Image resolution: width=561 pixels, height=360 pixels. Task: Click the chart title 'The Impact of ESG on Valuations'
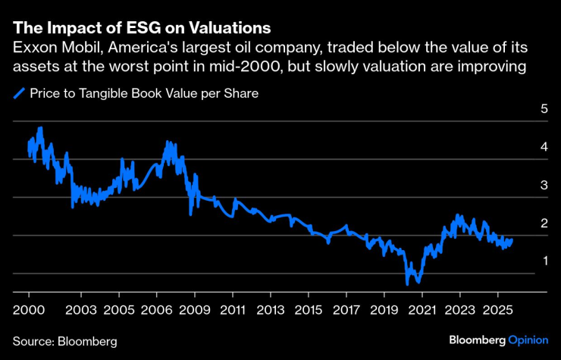pyautogui.click(x=142, y=29)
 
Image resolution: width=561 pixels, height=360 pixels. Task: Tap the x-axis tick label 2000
pyautogui.click(x=28, y=311)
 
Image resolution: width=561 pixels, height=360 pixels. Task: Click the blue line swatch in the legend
pyautogui.click(x=19, y=95)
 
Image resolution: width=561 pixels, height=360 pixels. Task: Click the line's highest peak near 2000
pyautogui.click(x=40, y=128)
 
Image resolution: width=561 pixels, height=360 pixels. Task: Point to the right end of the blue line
pyautogui.click(x=512, y=240)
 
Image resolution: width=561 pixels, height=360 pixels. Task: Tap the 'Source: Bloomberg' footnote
pyautogui.click(x=65, y=342)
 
